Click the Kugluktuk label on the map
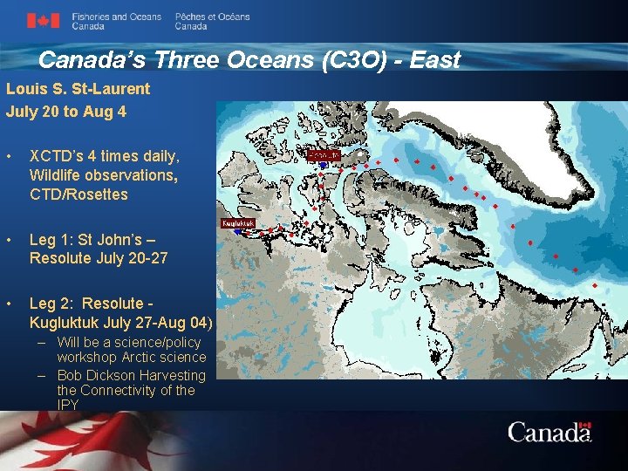pyautogui.click(x=238, y=223)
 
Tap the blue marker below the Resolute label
pyautogui.click(x=323, y=164)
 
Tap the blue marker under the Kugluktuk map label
pyautogui.click(x=235, y=232)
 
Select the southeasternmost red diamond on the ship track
pyautogui.click(x=595, y=285)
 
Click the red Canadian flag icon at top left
pyautogui.click(x=43, y=21)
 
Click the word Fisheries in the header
pyautogui.click(x=88, y=17)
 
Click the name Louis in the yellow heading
pyautogui.click(x=24, y=88)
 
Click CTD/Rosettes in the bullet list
pyautogui.click(x=78, y=195)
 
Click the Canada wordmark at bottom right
pyautogui.click(x=549, y=432)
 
